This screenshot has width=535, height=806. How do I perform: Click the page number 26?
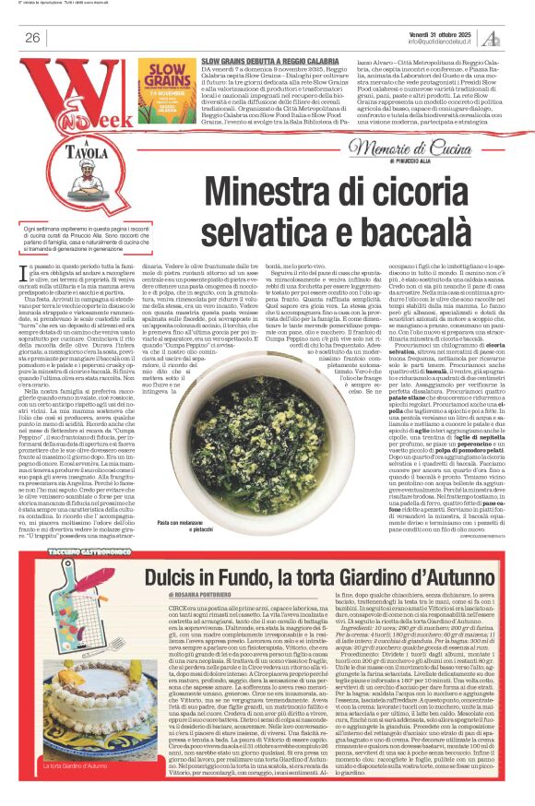[x=32, y=37]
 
